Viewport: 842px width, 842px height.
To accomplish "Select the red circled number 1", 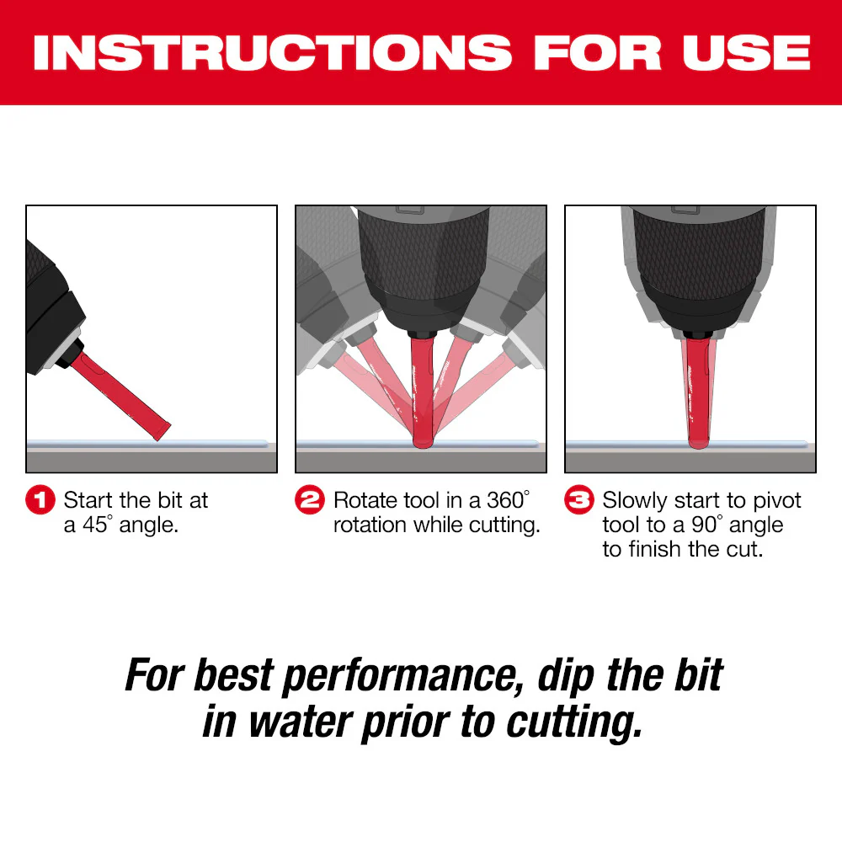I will pos(41,501).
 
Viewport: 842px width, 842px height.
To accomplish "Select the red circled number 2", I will pos(310,501).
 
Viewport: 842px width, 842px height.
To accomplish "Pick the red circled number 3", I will pos(579,501).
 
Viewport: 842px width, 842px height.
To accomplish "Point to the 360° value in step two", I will pos(509,500).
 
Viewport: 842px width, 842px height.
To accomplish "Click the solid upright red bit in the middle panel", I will pos(421,387).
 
